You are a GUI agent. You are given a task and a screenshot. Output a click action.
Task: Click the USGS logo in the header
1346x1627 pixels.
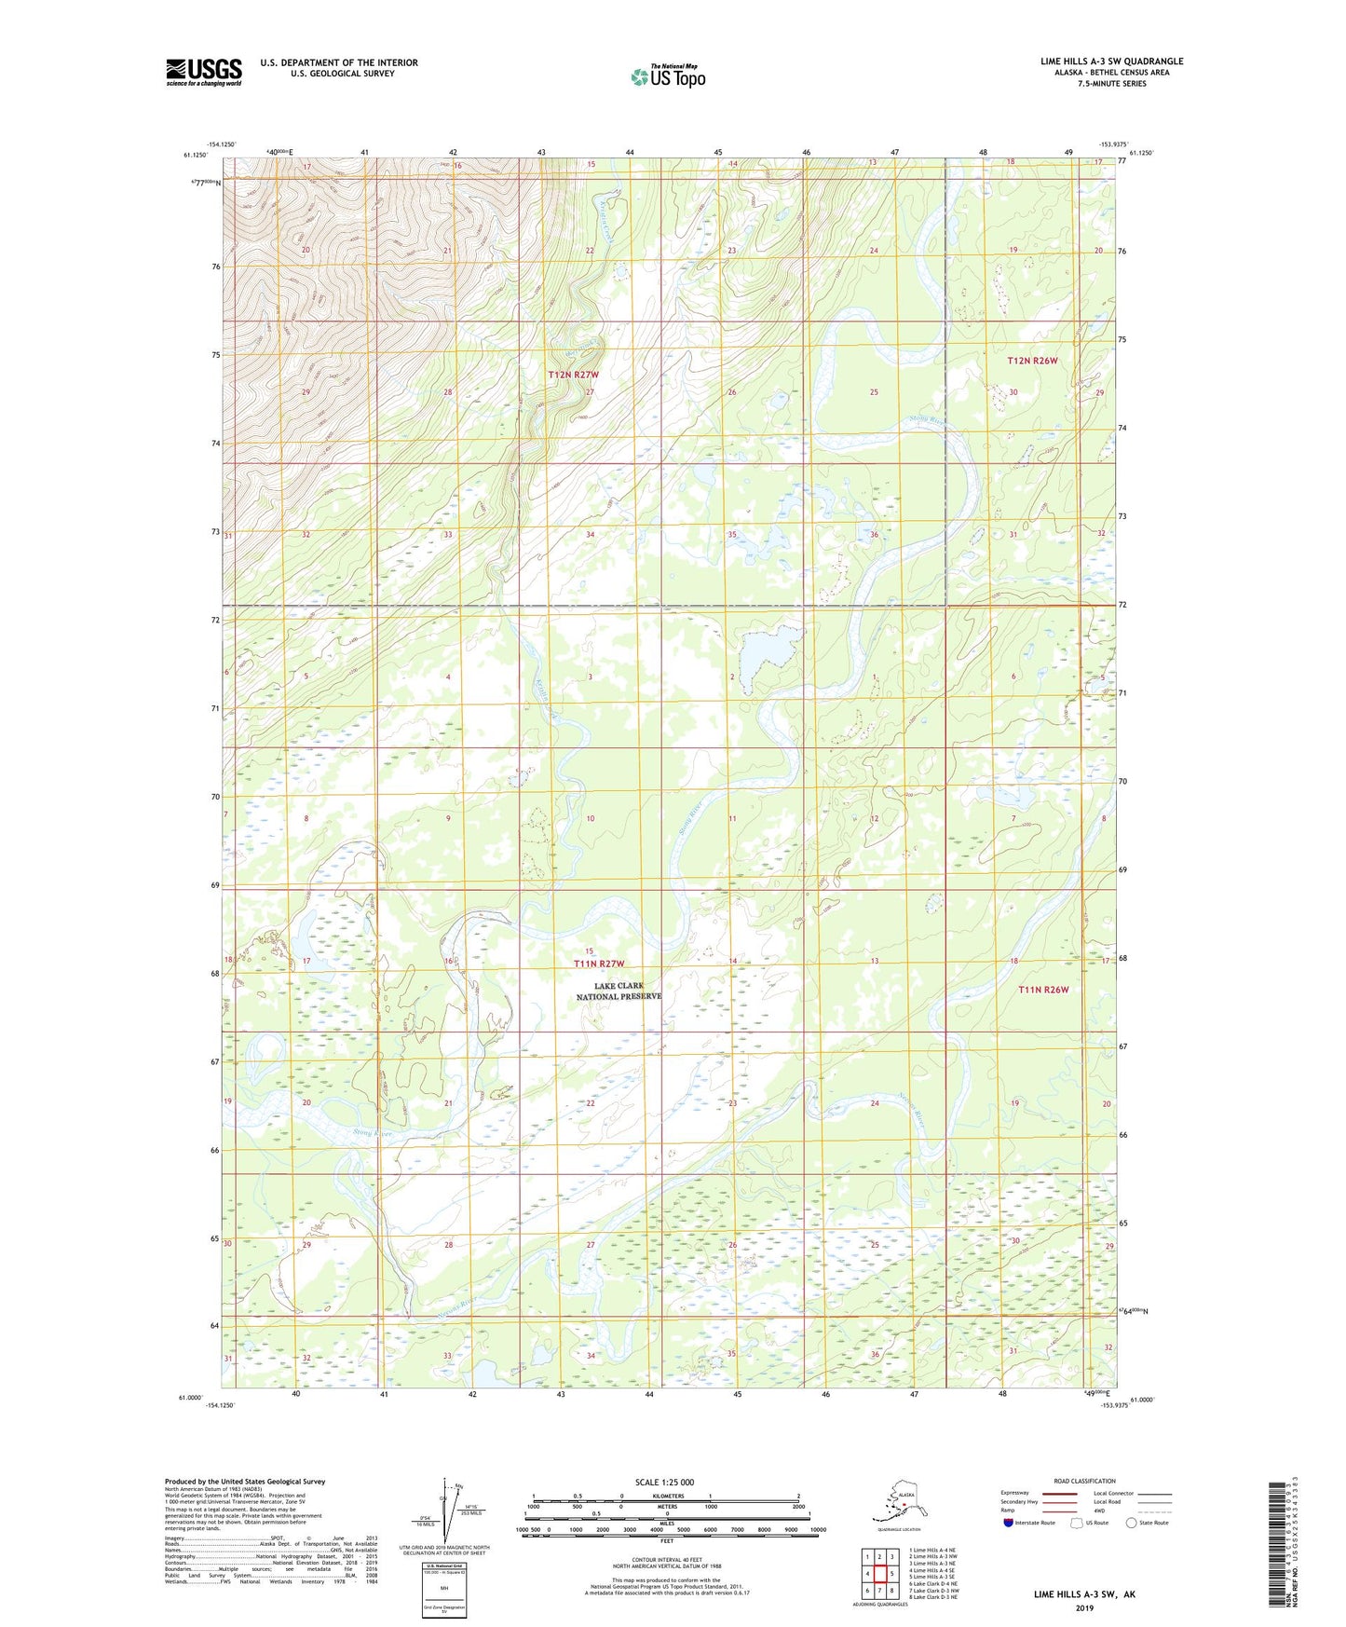point(203,72)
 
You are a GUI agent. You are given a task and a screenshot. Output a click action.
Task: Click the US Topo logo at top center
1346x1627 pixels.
point(667,76)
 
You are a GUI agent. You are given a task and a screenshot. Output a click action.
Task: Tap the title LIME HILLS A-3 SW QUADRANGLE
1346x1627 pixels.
point(1111,62)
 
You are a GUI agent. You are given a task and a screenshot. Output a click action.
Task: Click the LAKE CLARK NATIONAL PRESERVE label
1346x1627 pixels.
point(619,991)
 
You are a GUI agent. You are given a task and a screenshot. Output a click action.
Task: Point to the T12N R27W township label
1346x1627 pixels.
point(573,375)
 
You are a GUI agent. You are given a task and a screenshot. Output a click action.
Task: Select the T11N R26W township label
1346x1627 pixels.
point(1043,990)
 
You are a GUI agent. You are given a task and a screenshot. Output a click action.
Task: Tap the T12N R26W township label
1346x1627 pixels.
point(1032,361)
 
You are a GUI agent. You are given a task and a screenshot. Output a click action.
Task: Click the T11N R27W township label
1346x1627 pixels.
point(599,964)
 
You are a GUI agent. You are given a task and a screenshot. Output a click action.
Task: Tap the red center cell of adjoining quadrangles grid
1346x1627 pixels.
point(879,1574)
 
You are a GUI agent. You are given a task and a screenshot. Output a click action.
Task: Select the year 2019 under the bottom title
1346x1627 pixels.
point(1084,1607)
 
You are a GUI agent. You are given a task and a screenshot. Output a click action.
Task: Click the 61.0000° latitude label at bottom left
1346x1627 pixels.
point(189,1398)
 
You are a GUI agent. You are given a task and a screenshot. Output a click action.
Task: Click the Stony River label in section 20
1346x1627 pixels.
point(373,1133)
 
